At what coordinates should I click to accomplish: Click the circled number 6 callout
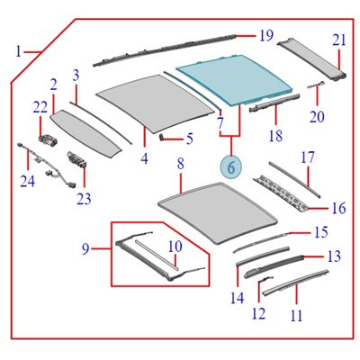231,167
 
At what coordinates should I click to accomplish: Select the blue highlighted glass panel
236,79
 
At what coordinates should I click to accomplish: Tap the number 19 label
266,36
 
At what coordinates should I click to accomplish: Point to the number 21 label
339,40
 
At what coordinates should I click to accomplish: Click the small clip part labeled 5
162,137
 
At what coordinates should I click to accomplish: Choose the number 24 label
28,181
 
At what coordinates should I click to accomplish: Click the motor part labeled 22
48,140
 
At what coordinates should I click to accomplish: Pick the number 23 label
84,199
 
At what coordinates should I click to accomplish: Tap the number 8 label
180,164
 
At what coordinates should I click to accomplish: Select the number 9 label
85,249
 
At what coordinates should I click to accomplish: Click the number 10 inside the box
175,247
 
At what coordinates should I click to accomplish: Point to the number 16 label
339,208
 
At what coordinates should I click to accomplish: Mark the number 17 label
308,157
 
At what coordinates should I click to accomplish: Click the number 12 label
258,313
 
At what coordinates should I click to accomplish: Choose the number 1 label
19,51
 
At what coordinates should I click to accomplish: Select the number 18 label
275,136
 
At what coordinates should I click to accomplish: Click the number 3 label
76,76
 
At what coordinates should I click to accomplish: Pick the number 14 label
238,298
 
